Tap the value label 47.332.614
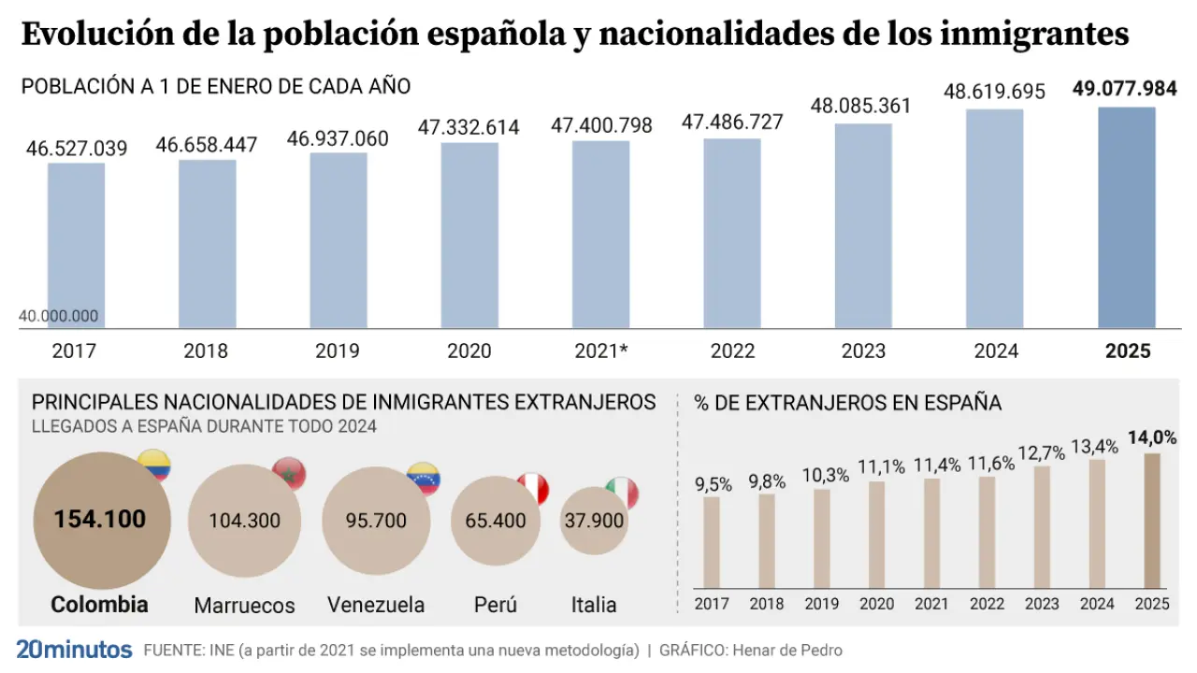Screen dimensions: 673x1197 pos(469,128)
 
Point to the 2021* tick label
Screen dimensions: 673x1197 pos(600,352)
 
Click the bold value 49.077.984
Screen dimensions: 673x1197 pos(1124,89)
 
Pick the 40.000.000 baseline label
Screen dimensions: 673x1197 pos(58,317)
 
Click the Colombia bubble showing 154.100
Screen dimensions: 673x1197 pos(101,519)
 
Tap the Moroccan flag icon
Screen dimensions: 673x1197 pos(289,475)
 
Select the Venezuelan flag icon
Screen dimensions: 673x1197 pos(424,479)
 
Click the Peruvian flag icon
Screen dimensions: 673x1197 pos(533,488)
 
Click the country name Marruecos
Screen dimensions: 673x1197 pos(244,606)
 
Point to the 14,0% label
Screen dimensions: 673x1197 pos(1150,437)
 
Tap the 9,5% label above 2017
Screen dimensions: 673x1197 pos(713,484)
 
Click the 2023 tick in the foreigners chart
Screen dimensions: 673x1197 pos(1043,604)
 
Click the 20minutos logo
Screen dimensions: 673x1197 pos(74,650)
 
